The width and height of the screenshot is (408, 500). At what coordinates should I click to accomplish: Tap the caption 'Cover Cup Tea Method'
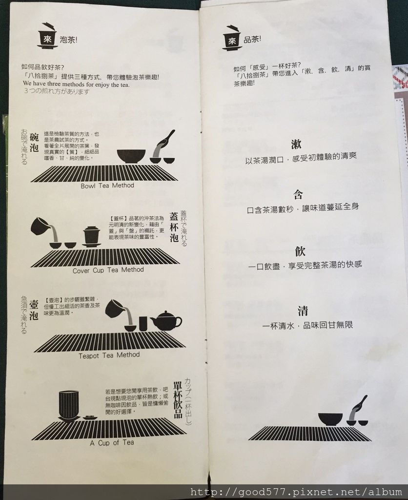(x=108, y=270)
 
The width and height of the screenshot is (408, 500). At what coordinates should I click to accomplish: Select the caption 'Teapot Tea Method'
(x=109, y=355)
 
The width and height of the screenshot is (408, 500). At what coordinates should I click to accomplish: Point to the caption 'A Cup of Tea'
(x=112, y=442)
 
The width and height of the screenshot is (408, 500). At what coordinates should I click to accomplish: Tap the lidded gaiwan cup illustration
(x=91, y=236)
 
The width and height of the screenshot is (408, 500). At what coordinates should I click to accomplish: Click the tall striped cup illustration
(x=68, y=406)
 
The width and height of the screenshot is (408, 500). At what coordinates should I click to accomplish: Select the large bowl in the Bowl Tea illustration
(x=131, y=156)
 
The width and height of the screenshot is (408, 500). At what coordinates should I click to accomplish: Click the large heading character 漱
(x=296, y=145)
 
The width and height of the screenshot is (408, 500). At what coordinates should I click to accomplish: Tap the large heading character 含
(x=298, y=194)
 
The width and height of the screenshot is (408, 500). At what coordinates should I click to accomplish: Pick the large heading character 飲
(x=300, y=251)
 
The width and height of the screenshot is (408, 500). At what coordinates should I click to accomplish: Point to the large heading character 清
(x=302, y=311)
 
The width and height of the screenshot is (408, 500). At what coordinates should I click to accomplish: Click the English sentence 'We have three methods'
(x=76, y=84)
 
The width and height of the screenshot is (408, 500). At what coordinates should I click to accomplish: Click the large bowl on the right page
(x=330, y=419)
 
